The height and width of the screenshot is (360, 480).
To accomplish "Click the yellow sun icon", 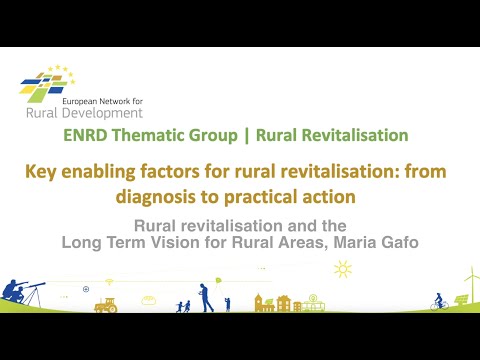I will click(343, 268).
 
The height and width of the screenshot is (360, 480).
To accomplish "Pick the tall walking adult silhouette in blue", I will click(205, 296).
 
